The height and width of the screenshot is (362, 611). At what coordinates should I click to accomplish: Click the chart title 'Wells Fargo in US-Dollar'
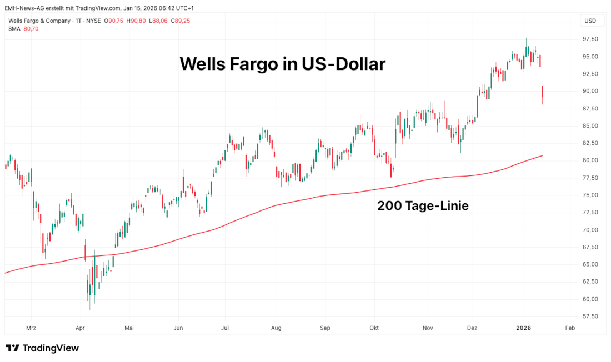pos(282,64)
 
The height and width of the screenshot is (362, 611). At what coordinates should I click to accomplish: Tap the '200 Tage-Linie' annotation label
pos(423,206)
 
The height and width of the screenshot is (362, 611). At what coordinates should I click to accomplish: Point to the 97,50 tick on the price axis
pos(590,39)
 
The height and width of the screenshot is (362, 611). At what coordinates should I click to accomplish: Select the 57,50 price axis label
pos(590,316)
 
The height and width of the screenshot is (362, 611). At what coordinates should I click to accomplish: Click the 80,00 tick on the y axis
pos(590,160)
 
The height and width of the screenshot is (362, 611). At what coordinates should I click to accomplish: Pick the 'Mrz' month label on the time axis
pos(31,328)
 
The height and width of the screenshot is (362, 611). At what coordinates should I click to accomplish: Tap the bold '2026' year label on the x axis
pos(524,328)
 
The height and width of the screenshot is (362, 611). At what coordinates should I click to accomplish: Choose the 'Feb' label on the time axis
pos(569,328)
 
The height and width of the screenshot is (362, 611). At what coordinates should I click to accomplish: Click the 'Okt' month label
pos(374,328)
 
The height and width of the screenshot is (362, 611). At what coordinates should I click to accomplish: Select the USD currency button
pos(590,21)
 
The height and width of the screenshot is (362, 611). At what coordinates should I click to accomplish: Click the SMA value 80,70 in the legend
pos(31,29)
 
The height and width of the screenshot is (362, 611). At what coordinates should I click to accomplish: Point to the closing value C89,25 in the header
pos(181,21)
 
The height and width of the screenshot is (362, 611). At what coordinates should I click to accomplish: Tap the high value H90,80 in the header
pos(136,21)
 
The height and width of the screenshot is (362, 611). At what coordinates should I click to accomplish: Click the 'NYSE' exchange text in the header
pos(93,21)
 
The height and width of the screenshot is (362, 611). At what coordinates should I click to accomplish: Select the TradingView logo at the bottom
pos(42,348)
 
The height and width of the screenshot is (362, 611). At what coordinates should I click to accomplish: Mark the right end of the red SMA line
pos(542,156)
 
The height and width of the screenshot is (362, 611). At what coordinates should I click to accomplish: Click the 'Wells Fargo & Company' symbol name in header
pos(39,21)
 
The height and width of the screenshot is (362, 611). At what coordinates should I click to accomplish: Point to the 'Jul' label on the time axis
pos(226,328)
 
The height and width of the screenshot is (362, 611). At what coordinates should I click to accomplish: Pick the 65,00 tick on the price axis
pos(590,264)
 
